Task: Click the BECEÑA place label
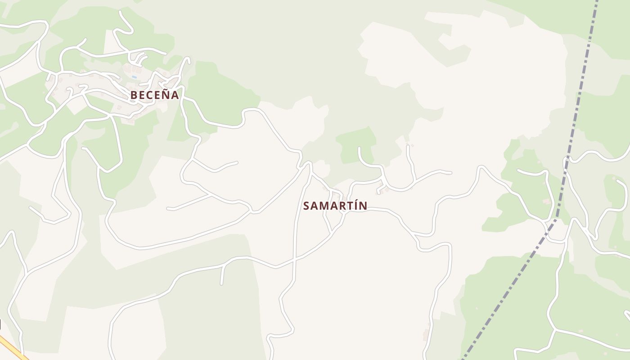(154, 95)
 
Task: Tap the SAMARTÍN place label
(335, 206)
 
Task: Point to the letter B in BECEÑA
(134, 95)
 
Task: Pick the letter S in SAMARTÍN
(306, 206)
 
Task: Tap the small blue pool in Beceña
(134, 77)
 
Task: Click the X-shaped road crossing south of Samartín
(294, 260)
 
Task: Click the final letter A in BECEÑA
(175, 95)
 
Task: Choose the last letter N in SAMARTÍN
(363, 206)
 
